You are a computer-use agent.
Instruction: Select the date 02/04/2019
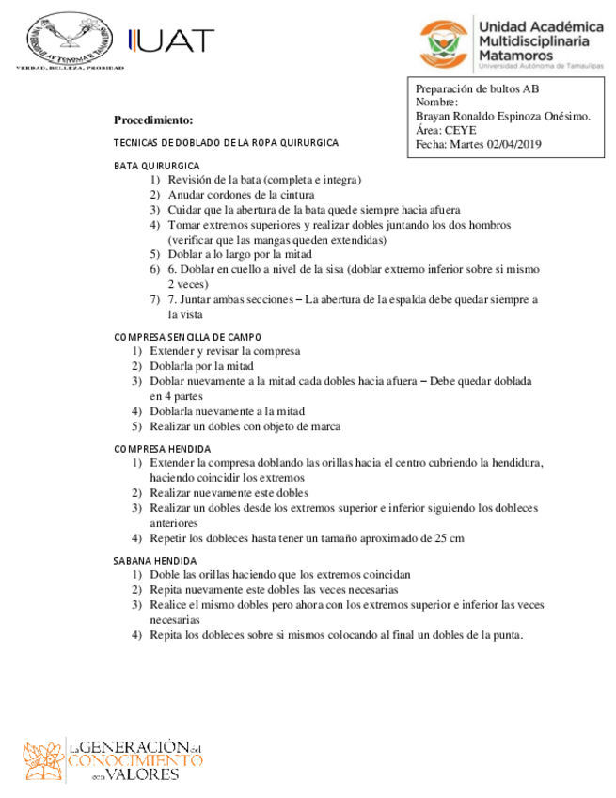[x=514, y=144]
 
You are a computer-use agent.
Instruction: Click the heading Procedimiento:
[x=153, y=120]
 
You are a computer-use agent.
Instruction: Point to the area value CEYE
[x=461, y=130]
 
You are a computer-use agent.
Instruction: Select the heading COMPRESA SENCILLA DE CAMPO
[x=188, y=336]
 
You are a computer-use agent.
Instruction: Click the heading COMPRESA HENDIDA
[x=162, y=449]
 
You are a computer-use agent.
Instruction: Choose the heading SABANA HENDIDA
[x=155, y=560]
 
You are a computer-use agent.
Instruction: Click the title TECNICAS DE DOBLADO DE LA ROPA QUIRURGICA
[x=226, y=142]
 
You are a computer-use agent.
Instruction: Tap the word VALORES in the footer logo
[x=146, y=774]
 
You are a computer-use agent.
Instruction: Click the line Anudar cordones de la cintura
[x=241, y=194]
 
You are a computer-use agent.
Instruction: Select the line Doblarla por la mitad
[x=201, y=366]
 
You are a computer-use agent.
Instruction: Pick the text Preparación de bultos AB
[x=478, y=89]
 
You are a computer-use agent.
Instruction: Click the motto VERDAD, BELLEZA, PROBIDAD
[x=71, y=69]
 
